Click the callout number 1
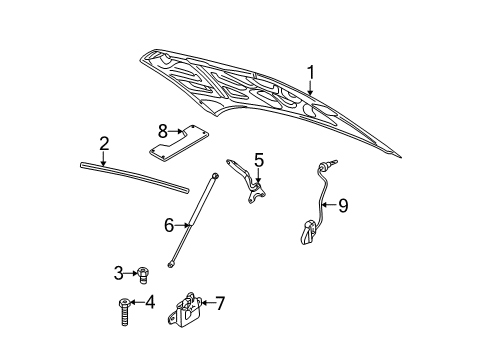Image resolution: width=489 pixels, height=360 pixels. pyautogui.click(x=311, y=72)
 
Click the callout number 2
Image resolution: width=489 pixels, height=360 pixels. pyautogui.click(x=102, y=144)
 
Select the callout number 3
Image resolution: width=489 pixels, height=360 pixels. pyautogui.click(x=117, y=271)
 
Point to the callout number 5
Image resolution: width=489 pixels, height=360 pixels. pyautogui.click(x=258, y=159)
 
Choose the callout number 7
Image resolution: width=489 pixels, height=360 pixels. pyautogui.click(x=221, y=301)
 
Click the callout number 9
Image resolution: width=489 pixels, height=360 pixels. pyautogui.click(x=342, y=205)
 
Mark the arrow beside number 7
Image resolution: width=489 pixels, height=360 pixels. pyautogui.click(x=208, y=301)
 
